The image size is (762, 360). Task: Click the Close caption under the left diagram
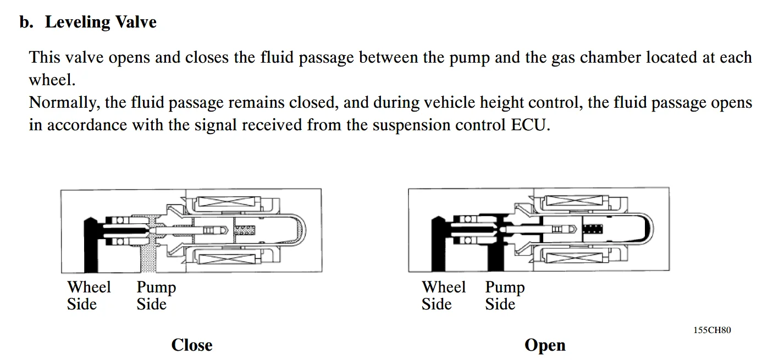coord(191,345)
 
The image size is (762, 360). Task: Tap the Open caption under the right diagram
coord(545,345)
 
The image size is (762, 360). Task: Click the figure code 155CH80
coord(712,330)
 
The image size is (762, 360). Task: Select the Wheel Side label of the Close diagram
coord(89,296)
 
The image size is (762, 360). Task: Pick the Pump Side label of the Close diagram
coord(156,296)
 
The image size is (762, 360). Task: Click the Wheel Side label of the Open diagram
coord(443,296)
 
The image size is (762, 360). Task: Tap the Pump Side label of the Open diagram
coord(505,296)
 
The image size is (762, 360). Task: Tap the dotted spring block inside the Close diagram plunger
coord(245,230)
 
